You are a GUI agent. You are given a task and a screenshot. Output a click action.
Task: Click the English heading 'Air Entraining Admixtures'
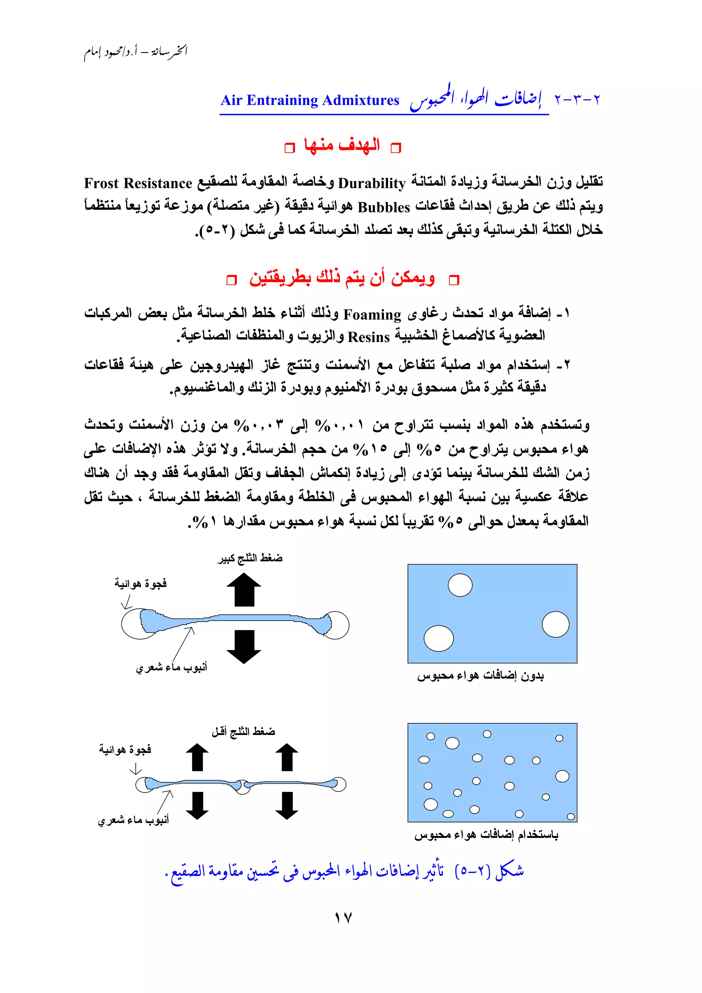tap(310, 100)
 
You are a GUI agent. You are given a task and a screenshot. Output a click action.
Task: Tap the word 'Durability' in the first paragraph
tap(372, 183)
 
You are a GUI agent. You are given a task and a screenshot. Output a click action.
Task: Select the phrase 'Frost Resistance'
tap(138, 183)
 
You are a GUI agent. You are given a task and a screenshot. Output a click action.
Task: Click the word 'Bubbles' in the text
tap(383, 207)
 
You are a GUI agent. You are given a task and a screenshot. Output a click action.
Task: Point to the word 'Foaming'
tap(372, 315)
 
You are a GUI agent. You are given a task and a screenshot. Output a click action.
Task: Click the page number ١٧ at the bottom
tap(343, 917)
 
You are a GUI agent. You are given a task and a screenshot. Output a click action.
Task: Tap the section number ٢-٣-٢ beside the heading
tap(577, 100)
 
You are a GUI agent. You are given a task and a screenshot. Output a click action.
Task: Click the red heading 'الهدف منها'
tap(342, 145)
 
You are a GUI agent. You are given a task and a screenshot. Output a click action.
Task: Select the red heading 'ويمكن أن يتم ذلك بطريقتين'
tap(342, 278)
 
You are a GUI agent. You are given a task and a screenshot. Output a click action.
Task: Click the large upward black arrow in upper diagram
tap(244, 589)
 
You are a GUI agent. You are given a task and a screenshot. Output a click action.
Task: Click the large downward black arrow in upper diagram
tap(244, 647)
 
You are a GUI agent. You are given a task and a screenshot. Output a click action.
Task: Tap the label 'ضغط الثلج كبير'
tap(250, 558)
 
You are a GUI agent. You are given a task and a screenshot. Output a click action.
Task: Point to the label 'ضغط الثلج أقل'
tap(243, 731)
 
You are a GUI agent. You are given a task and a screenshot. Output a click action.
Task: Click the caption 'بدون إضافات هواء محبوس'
tap(480, 676)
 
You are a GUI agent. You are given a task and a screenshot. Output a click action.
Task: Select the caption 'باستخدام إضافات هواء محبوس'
tap(486, 835)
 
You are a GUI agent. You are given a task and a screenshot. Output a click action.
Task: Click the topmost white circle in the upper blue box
tap(460, 585)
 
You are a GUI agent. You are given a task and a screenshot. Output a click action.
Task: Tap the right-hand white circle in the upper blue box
tap(555, 624)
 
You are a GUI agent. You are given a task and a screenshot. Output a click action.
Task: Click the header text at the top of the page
tap(135, 52)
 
